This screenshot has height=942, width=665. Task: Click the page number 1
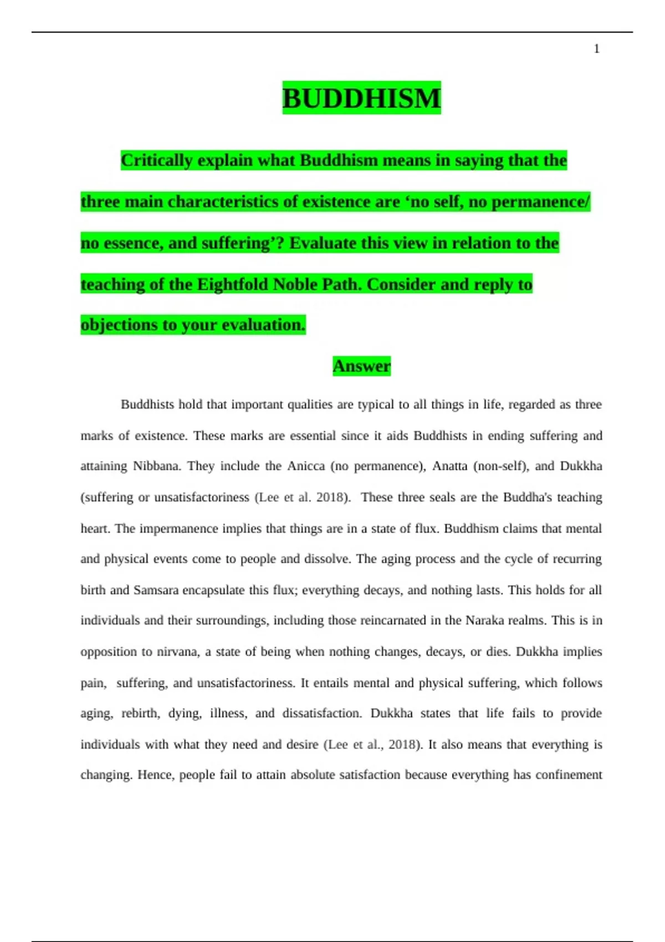point(596,49)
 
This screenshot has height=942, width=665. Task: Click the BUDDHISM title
point(361,98)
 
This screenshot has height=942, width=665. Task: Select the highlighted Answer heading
point(361,366)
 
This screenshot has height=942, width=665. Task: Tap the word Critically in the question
point(157,160)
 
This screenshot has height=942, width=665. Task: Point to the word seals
point(442,497)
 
